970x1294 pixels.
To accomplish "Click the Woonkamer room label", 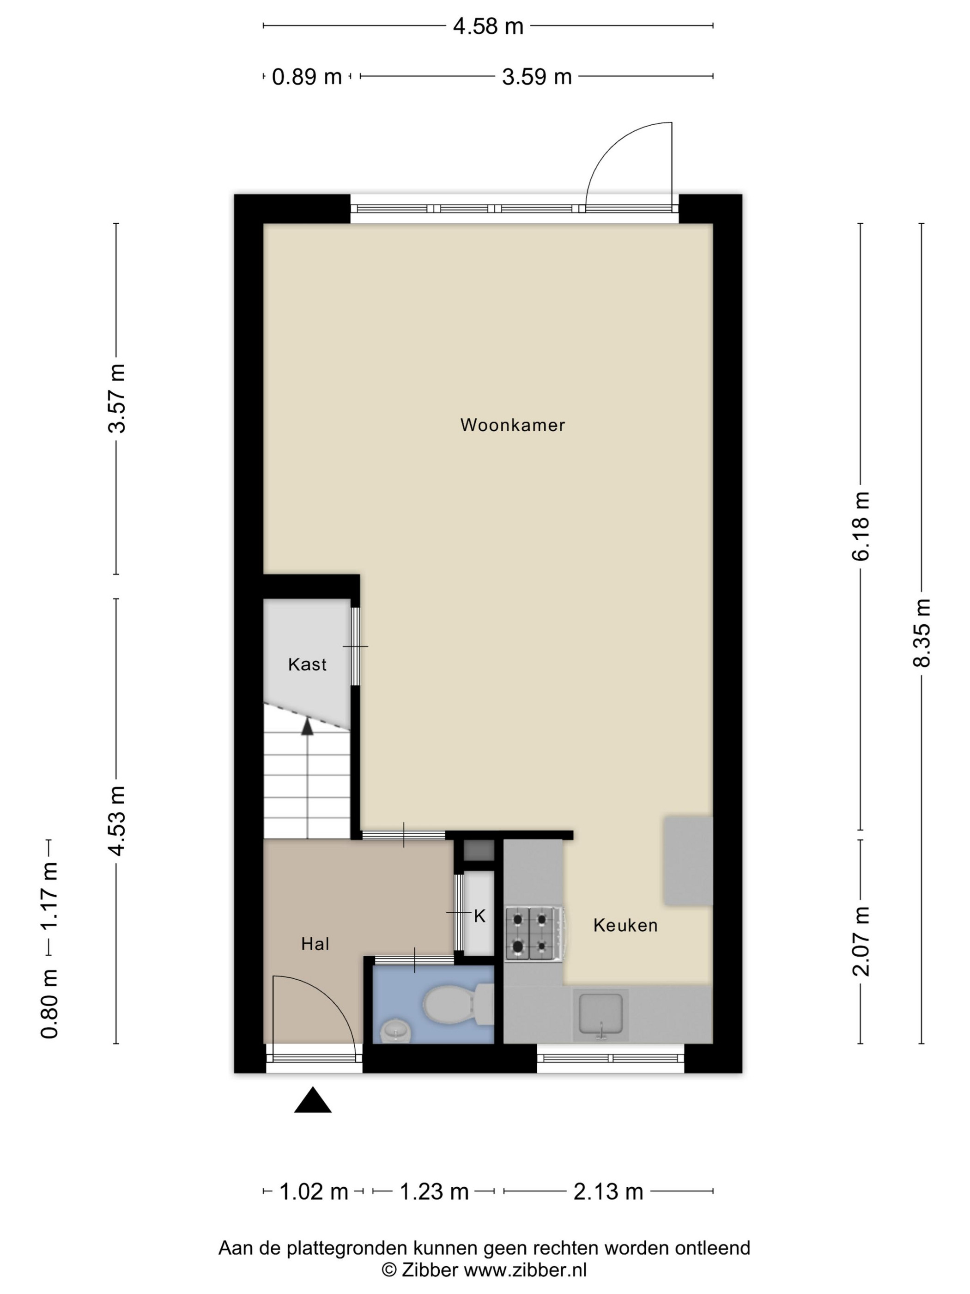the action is pyautogui.click(x=512, y=425).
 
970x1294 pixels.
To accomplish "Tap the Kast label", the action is pyautogui.click(x=307, y=664).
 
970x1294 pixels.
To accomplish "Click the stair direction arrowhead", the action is pyautogui.click(x=307, y=726).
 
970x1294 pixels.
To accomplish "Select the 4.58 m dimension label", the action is pyautogui.click(x=488, y=26).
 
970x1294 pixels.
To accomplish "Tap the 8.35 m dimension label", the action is pyautogui.click(x=921, y=633).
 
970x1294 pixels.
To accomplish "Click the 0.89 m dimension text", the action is pyautogui.click(x=307, y=77).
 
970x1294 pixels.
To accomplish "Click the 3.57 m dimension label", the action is pyautogui.click(x=117, y=398).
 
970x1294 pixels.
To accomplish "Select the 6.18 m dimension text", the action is pyautogui.click(x=861, y=526).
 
